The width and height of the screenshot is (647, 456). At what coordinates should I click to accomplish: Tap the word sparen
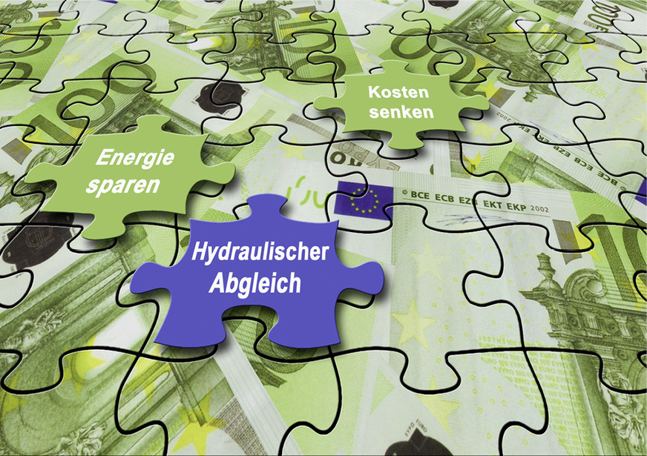pos(122,185)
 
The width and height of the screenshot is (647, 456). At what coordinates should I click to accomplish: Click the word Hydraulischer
pos(260,253)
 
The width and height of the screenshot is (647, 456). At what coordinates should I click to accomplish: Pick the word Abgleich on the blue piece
pos(252,282)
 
